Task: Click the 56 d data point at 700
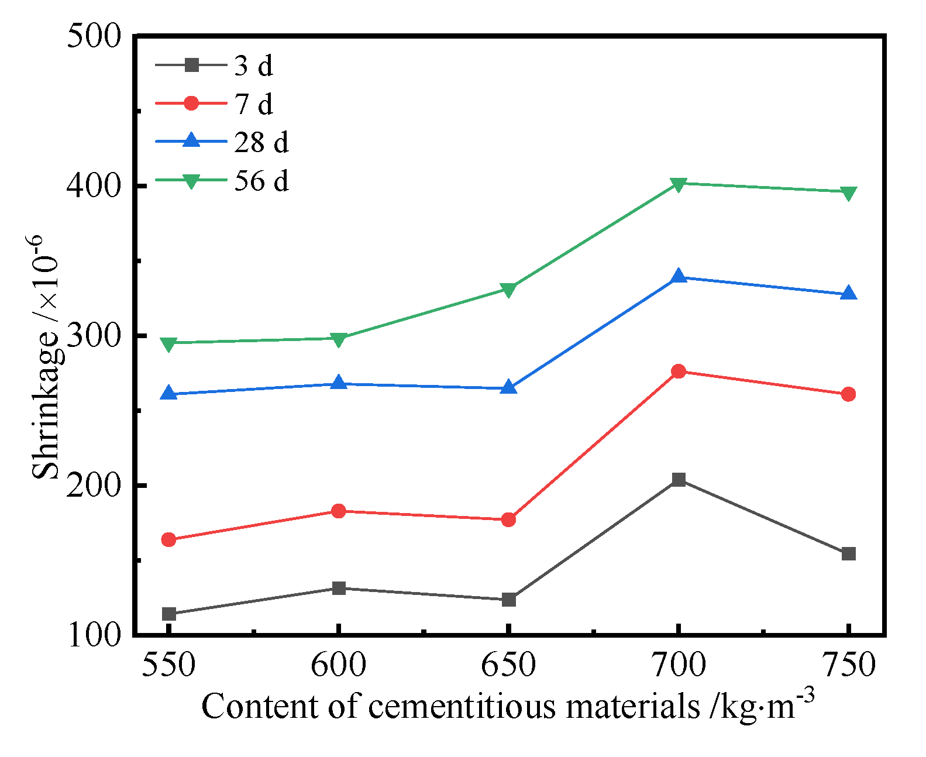679,185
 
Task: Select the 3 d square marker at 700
679,480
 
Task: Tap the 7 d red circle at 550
169,539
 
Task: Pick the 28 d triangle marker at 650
508,387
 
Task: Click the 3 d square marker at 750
848,553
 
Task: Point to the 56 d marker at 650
508,290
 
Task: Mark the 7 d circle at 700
679,371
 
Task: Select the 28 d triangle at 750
848,294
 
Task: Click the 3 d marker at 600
339,588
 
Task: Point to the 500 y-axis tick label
94,36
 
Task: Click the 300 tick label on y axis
94,336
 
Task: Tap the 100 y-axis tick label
94,635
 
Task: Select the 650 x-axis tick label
508,665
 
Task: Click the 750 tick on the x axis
848,665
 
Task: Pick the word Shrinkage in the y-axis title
46,404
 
